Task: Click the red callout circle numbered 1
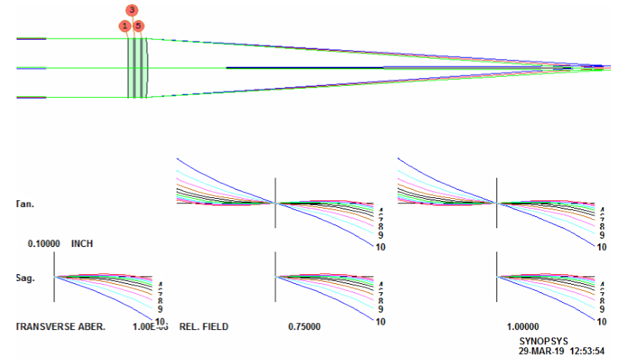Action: [124, 26]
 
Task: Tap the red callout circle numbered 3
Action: [132, 10]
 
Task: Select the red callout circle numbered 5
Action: [139, 26]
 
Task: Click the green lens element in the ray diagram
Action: [136, 68]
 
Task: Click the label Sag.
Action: [25, 277]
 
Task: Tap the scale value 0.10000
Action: [44, 244]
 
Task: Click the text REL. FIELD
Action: [203, 328]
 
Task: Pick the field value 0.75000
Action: [305, 328]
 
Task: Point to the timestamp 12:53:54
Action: [592, 351]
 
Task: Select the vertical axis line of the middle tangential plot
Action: [276, 202]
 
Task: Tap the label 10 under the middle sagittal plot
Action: [380, 322]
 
